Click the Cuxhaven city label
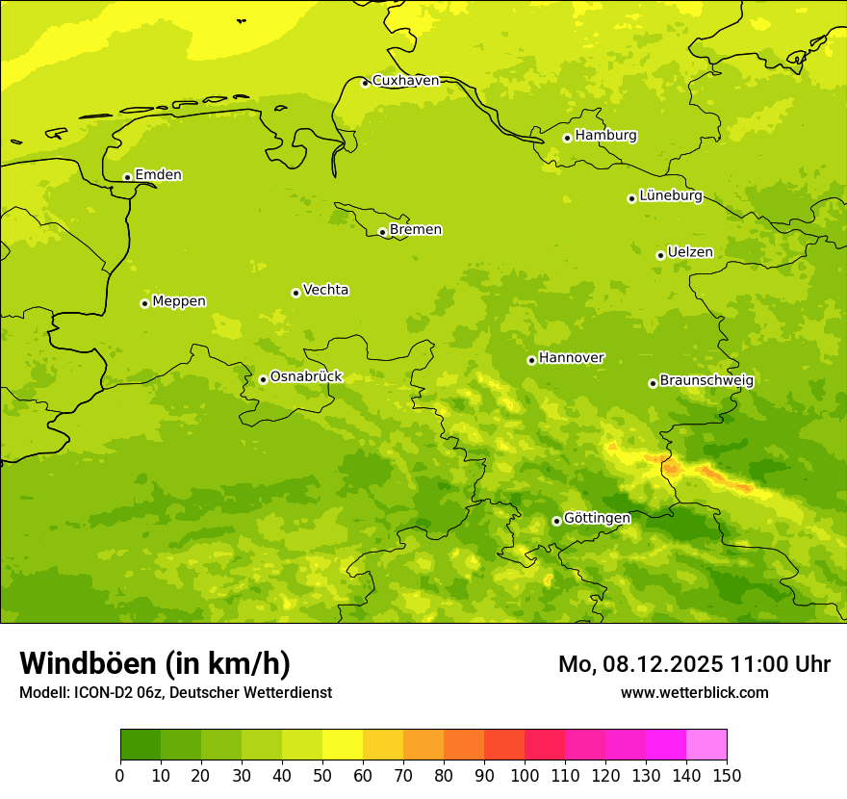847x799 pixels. [x=405, y=81]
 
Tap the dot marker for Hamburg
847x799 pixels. [x=567, y=138]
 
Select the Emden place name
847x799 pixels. [x=158, y=175]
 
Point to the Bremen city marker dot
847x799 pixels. [x=382, y=232]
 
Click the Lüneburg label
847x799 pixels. [x=670, y=196]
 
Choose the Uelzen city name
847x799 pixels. [x=690, y=253]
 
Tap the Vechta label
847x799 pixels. [x=325, y=290]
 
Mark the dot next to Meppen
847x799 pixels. [x=144, y=303]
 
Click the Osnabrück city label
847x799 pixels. [x=306, y=377]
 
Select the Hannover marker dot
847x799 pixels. [x=531, y=360]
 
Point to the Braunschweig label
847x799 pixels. [x=706, y=381]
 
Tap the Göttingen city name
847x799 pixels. [x=597, y=519]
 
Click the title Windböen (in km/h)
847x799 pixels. [x=155, y=663]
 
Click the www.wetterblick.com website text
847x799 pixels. [x=694, y=692]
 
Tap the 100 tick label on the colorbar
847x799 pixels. [x=525, y=776]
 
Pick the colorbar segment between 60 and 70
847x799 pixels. [x=383, y=745]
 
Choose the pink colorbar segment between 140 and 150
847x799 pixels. [x=706, y=745]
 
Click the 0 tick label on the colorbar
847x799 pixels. [x=120, y=776]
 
